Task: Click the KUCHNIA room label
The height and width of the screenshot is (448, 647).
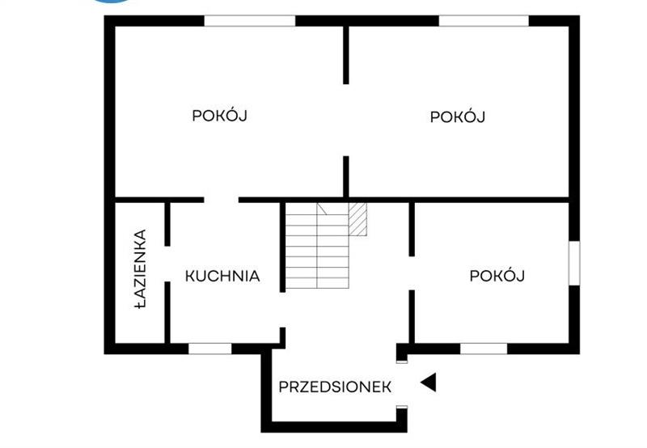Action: [x=222, y=276]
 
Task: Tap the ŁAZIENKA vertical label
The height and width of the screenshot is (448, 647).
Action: [x=140, y=269]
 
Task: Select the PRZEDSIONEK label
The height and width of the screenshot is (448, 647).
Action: [x=335, y=387]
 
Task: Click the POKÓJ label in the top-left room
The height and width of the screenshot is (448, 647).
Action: [x=219, y=115]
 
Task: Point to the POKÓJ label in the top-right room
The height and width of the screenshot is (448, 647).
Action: [x=457, y=116]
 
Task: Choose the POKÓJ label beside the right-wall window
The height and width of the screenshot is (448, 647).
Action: [x=497, y=275]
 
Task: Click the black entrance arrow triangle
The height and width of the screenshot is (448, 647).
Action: [x=429, y=382]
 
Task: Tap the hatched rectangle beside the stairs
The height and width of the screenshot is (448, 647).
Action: [x=357, y=219]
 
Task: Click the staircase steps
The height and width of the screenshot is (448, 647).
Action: [x=317, y=246]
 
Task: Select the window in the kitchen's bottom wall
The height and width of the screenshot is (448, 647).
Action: [x=210, y=349]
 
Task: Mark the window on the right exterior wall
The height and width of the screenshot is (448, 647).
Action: [x=574, y=263]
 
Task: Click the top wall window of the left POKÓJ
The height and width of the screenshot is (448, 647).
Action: [x=250, y=21]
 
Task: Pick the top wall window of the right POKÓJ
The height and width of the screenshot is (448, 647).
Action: [x=484, y=21]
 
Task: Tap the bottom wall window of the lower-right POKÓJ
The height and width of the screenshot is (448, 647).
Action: [x=484, y=349]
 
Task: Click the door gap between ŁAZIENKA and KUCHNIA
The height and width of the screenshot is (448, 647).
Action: [x=167, y=264]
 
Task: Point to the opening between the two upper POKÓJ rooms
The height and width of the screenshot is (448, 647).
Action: [x=346, y=120]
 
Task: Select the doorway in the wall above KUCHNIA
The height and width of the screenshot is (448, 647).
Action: [x=221, y=200]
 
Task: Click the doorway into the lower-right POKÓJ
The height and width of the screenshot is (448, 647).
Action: [x=412, y=273]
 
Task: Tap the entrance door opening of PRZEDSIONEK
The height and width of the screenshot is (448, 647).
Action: [x=402, y=384]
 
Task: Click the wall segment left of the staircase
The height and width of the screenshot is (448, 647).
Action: [x=282, y=247]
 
